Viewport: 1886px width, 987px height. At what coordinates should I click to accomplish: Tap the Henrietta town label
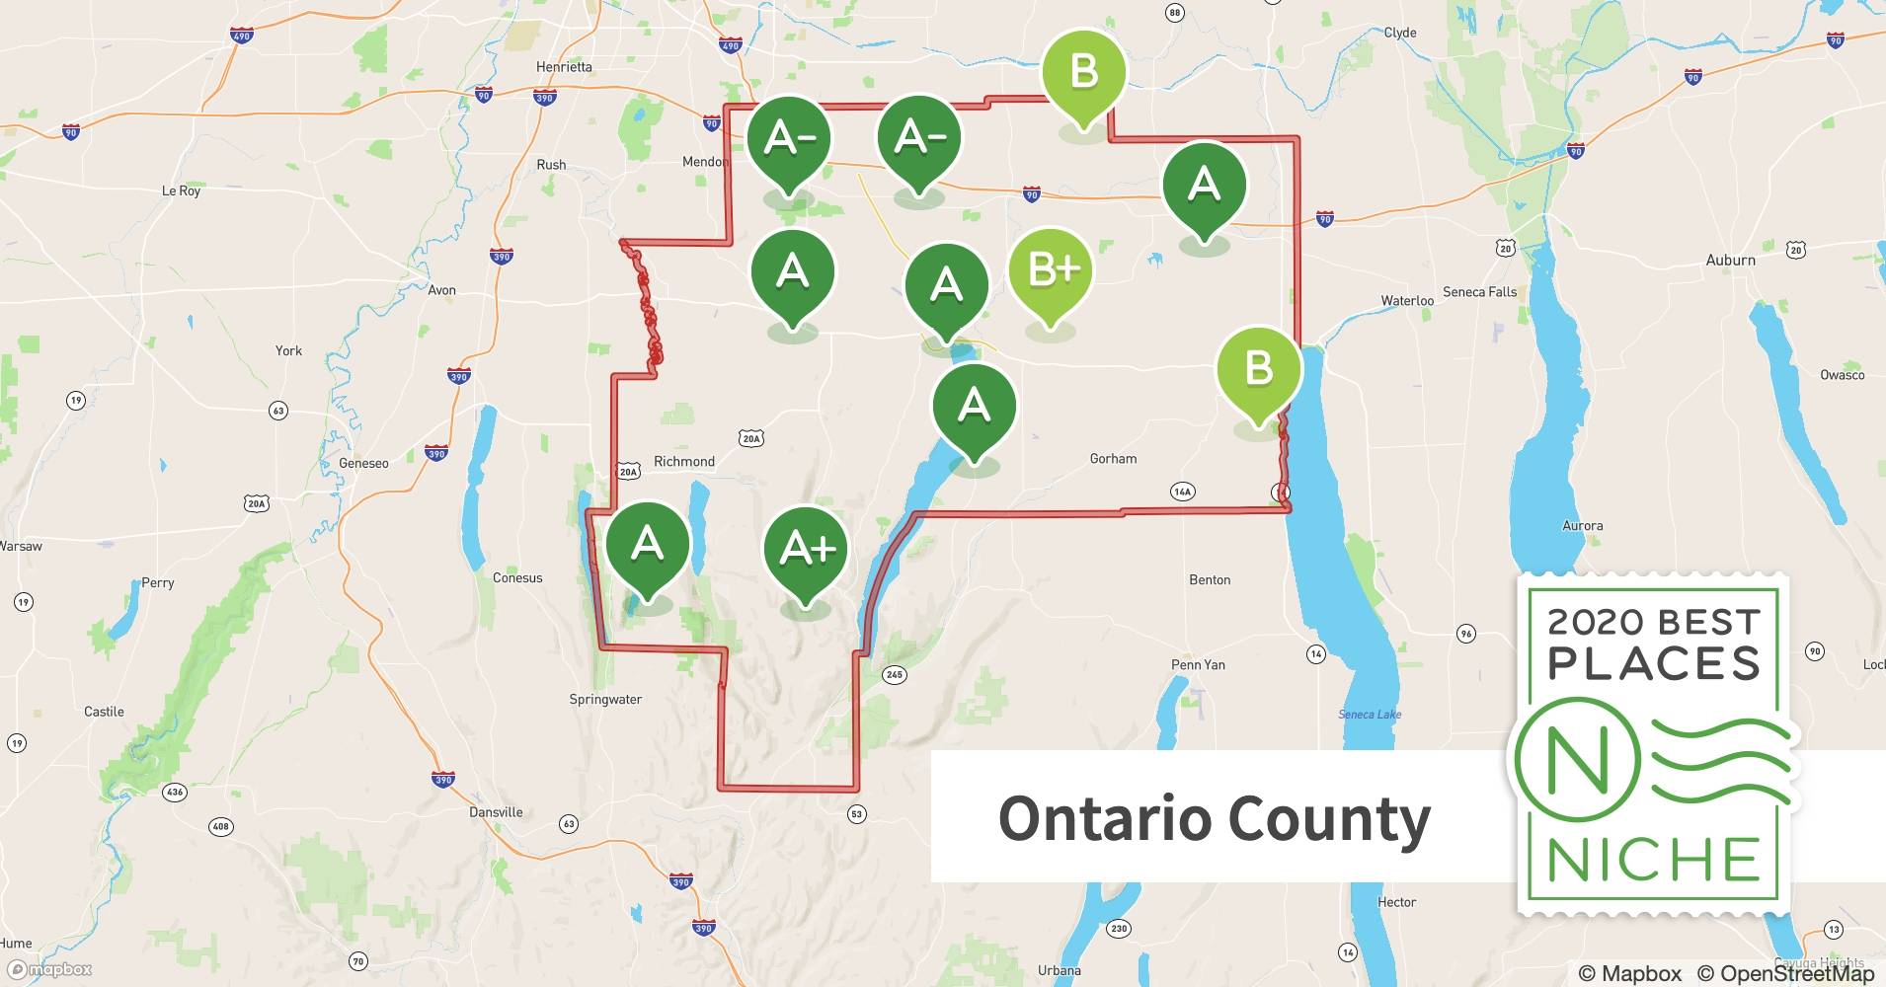pos(564,67)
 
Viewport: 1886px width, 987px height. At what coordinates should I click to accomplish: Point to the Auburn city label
pos(1730,260)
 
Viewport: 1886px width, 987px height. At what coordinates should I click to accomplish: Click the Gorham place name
pos(1113,458)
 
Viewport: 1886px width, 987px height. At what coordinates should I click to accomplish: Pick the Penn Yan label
pos(1198,664)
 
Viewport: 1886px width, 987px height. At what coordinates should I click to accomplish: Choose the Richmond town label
pos(683,461)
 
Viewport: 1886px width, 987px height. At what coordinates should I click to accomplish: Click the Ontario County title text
pos(1214,818)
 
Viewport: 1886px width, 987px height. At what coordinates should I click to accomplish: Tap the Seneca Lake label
pos(1370,714)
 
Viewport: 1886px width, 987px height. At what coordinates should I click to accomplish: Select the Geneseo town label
pos(363,463)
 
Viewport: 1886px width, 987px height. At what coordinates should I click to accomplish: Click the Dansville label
pos(496,812)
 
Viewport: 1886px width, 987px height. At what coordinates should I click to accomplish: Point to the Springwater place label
pos(605,699)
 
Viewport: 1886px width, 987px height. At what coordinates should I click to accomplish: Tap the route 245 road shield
pos(894,675)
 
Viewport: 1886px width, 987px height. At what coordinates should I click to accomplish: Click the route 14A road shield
pos(1182,492)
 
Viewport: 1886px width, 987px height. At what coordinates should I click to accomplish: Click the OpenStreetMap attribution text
pos(1785,973)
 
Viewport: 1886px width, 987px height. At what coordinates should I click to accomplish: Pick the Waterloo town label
pos(1406,300)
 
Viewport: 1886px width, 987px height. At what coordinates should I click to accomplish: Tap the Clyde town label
pos(1399,33)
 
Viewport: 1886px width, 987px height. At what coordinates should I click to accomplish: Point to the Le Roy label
pos(181,190)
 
